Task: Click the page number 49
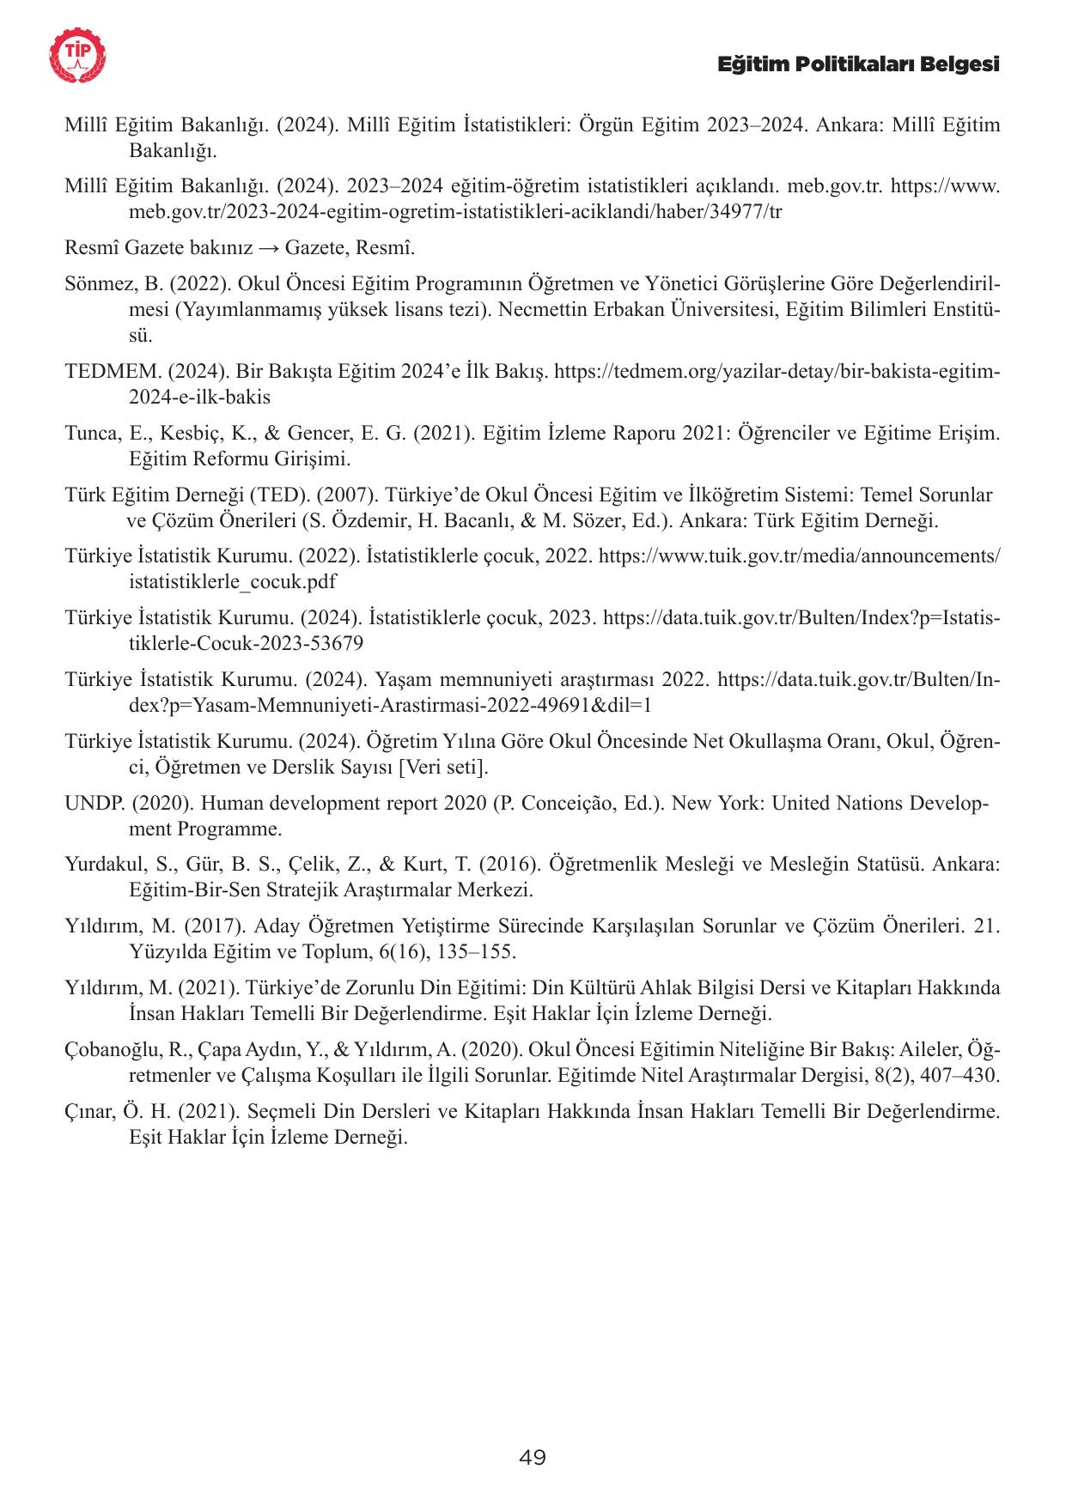click(x=533, y=1456)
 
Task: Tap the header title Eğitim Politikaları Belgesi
click(x=858, y=64)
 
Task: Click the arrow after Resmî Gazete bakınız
click(x=269, y=248)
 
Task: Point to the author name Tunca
click(x=90, y=433)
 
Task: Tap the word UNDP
click(x=95, y=804)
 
